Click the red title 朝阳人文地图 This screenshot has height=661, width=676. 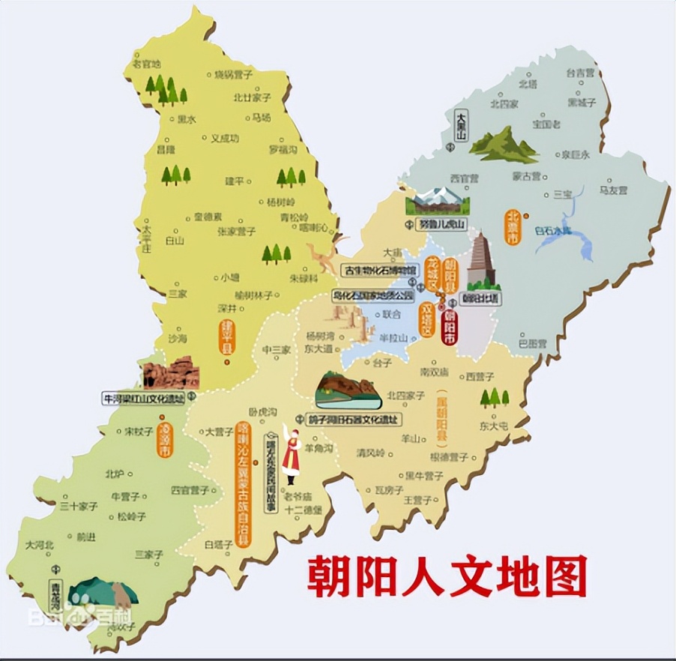447,576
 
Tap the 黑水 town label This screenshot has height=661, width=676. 186,119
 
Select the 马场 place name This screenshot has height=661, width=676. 261,118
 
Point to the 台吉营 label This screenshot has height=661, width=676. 580,73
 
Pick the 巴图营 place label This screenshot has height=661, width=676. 532,344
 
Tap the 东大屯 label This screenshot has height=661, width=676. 494,426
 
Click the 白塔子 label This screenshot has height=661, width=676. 218,546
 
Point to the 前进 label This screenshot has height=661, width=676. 86,537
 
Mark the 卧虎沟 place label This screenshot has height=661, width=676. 263,412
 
